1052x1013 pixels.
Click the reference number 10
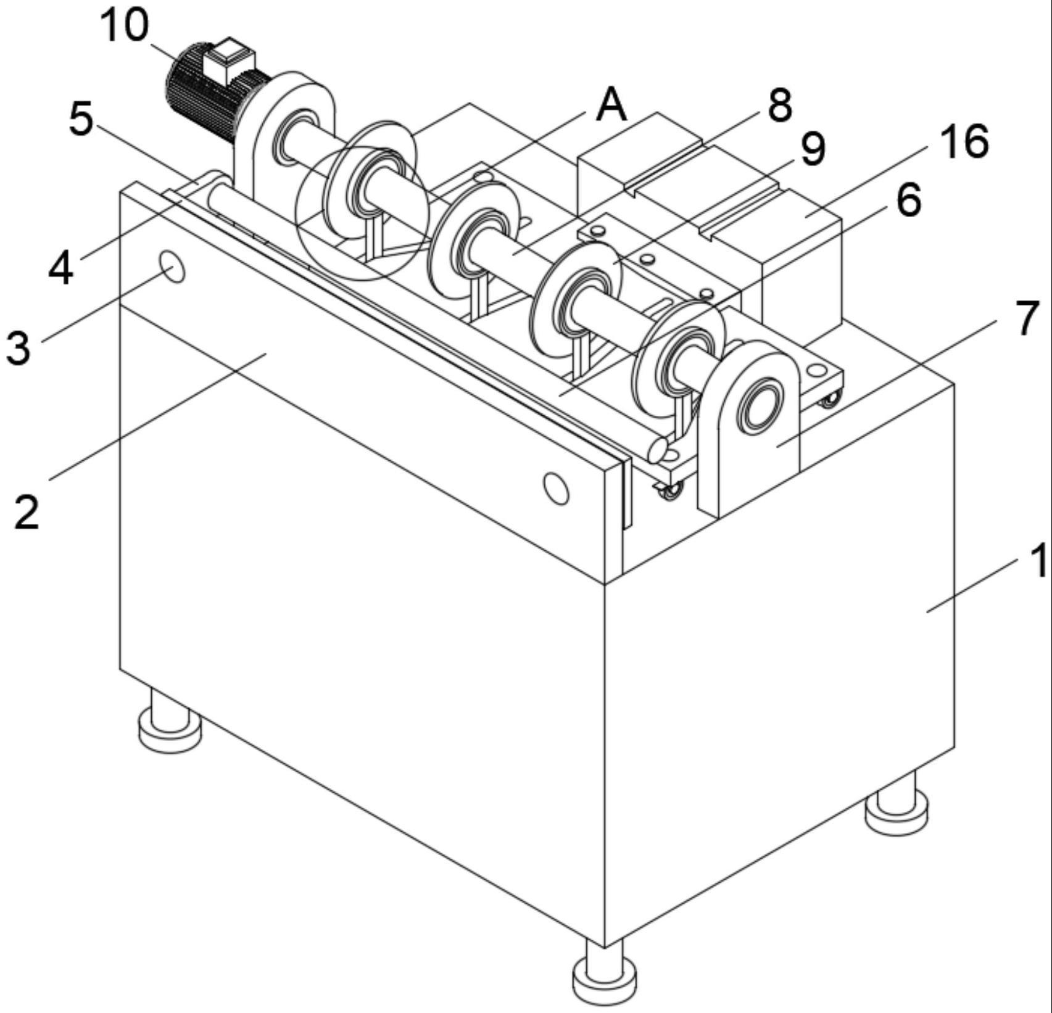point(125,27)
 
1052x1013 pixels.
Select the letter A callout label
point(611,105)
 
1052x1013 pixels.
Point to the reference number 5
point(81,119)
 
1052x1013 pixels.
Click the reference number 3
point(18,346)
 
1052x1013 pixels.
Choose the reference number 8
point(780,105)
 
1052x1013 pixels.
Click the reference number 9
point(813,149)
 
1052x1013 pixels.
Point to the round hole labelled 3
point(172,267)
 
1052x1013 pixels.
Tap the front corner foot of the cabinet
point(604,978)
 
